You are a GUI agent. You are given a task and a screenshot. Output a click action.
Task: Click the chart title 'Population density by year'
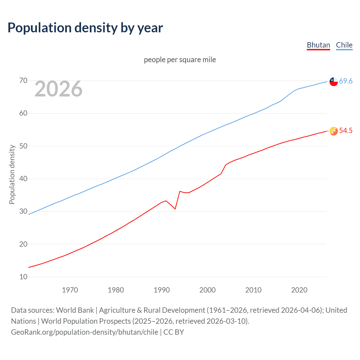pyautogui.click(x=85, y=28)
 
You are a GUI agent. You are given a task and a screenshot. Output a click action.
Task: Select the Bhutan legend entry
pyautogui.click(x=318, y=45)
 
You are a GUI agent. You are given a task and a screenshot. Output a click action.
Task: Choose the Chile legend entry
pyautogui.click(x=344, y=45)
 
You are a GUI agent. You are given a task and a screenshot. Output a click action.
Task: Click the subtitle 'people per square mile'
pyautogui.click(x=180, y=60)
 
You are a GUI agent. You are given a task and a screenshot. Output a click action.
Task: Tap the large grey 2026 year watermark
pyautogui.click(x=58, y=89)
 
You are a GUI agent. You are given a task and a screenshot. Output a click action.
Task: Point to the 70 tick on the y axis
pyautogui.click(x=23, y=81)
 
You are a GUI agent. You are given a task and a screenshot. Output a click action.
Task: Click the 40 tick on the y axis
pyautogui.click(x=23, y=179)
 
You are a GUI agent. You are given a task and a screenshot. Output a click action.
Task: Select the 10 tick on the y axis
pyautogui.click(x=23, y=277)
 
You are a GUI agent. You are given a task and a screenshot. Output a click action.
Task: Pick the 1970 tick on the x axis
pyautogui.click(x=70, y=290)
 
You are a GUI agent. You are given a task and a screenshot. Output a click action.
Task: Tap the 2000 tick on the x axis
pyautogui.click(x=207, y=290)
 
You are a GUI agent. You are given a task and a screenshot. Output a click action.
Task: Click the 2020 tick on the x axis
pyautogui.click(x=299, y=290)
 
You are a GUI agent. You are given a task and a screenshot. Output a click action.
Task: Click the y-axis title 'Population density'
pyautogui.click(x=12, y=174)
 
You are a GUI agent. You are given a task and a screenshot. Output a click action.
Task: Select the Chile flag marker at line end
pyautogui.click(x=334, y=82)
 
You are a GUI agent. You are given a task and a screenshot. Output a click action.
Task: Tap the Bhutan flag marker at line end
pyautogui.click(x=334, y=131)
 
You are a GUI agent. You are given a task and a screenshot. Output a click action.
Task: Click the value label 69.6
pyautogui.click(x=346, y=81)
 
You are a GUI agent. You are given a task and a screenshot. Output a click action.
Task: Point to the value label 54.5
pyautogui.click(x=346, y=130)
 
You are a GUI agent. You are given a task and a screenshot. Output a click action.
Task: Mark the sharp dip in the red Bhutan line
pyautogui.click(x=175, y=209)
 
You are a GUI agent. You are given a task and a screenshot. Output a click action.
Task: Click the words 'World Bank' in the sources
pyautogui.click(x=75, y=310)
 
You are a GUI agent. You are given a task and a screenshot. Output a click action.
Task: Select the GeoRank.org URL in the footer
pyautogui.click(x=84, y=332)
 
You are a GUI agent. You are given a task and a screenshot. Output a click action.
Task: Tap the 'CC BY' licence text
pyautogui.click(x=174, y=332)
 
